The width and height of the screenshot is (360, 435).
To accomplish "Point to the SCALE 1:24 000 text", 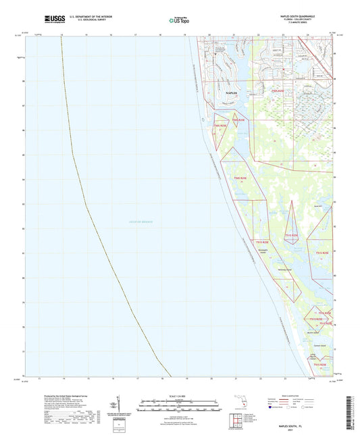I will click(x=180, y=394).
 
